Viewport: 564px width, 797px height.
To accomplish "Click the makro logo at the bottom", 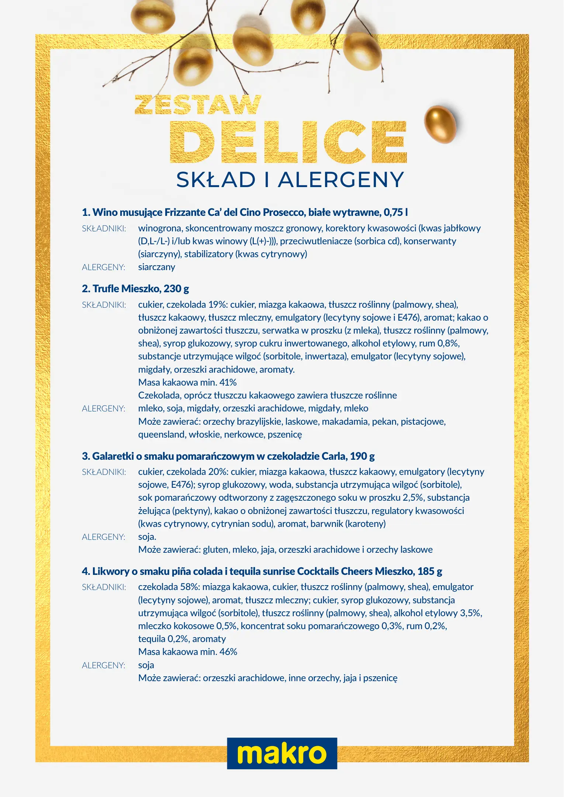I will click(x=282, y=753).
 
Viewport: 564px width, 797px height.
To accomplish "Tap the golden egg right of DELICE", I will click(x=440, y=124).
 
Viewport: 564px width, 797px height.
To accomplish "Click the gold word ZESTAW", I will click(x=198, y=105).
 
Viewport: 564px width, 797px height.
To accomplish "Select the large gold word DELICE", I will click(x=288, y=142).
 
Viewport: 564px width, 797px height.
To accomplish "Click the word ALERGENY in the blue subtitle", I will click(x=341, y=180).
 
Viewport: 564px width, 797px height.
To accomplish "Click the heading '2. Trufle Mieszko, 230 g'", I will click(x=135, y=289).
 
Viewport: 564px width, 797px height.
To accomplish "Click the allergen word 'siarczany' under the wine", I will click(x=156, y=267).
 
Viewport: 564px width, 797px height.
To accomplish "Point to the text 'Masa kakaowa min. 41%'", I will click(x=187, y=383).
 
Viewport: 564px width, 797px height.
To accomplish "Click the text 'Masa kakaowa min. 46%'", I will click(x=187, y=652).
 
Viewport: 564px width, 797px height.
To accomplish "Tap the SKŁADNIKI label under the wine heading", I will click(x=104, y=229).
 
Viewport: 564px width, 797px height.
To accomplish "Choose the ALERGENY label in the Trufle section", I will click(x=103, y=409).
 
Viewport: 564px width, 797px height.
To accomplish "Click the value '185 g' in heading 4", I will click(x=430, y=572).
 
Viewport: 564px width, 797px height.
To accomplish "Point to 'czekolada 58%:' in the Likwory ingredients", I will click(x=169, y=587).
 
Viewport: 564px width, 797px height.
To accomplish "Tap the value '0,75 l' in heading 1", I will click(x=396, y=213).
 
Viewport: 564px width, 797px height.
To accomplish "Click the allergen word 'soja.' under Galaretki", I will click(x=147, y=537).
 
